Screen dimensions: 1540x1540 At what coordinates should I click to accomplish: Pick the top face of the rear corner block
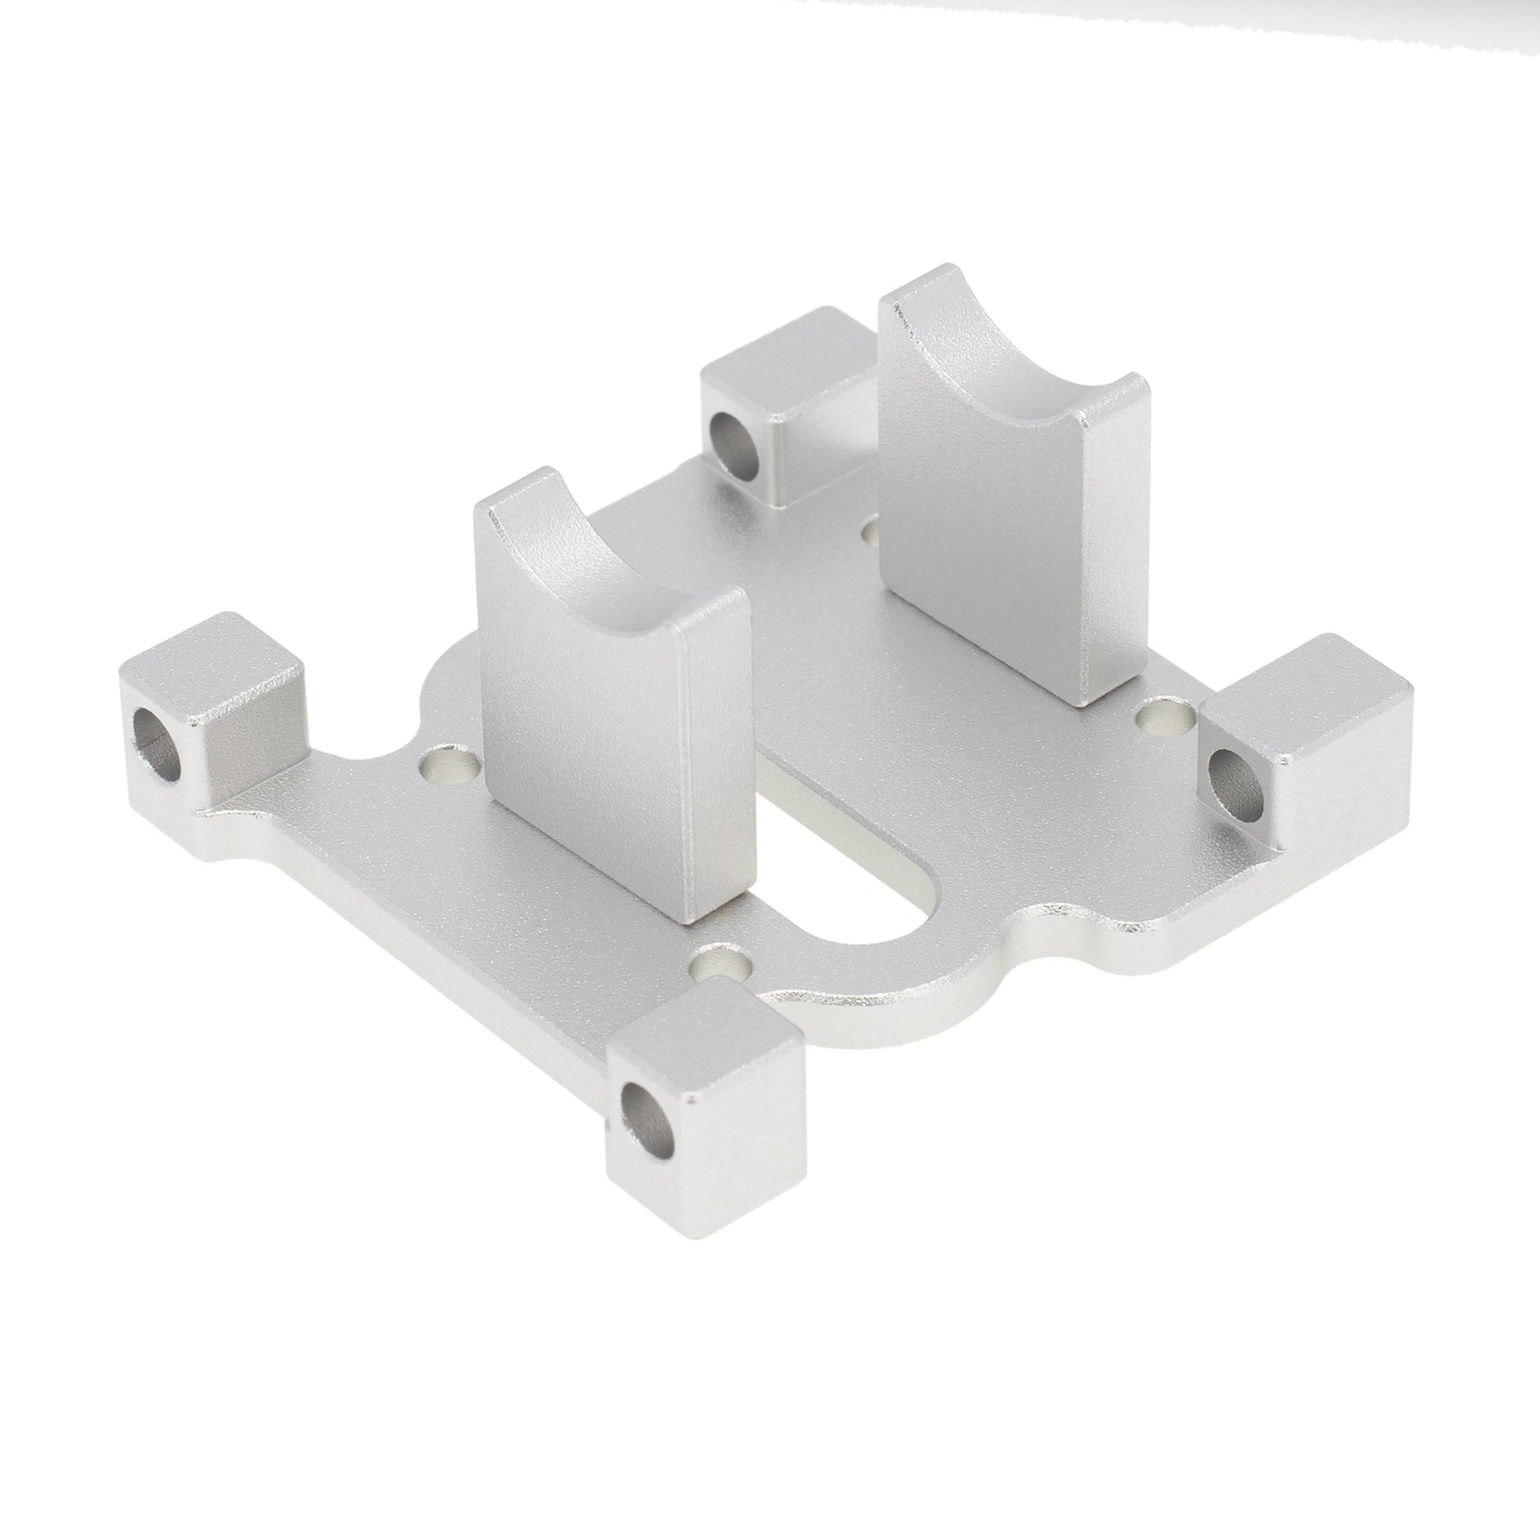point(786,355)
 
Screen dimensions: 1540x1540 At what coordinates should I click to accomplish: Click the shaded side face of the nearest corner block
point(749,1116)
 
